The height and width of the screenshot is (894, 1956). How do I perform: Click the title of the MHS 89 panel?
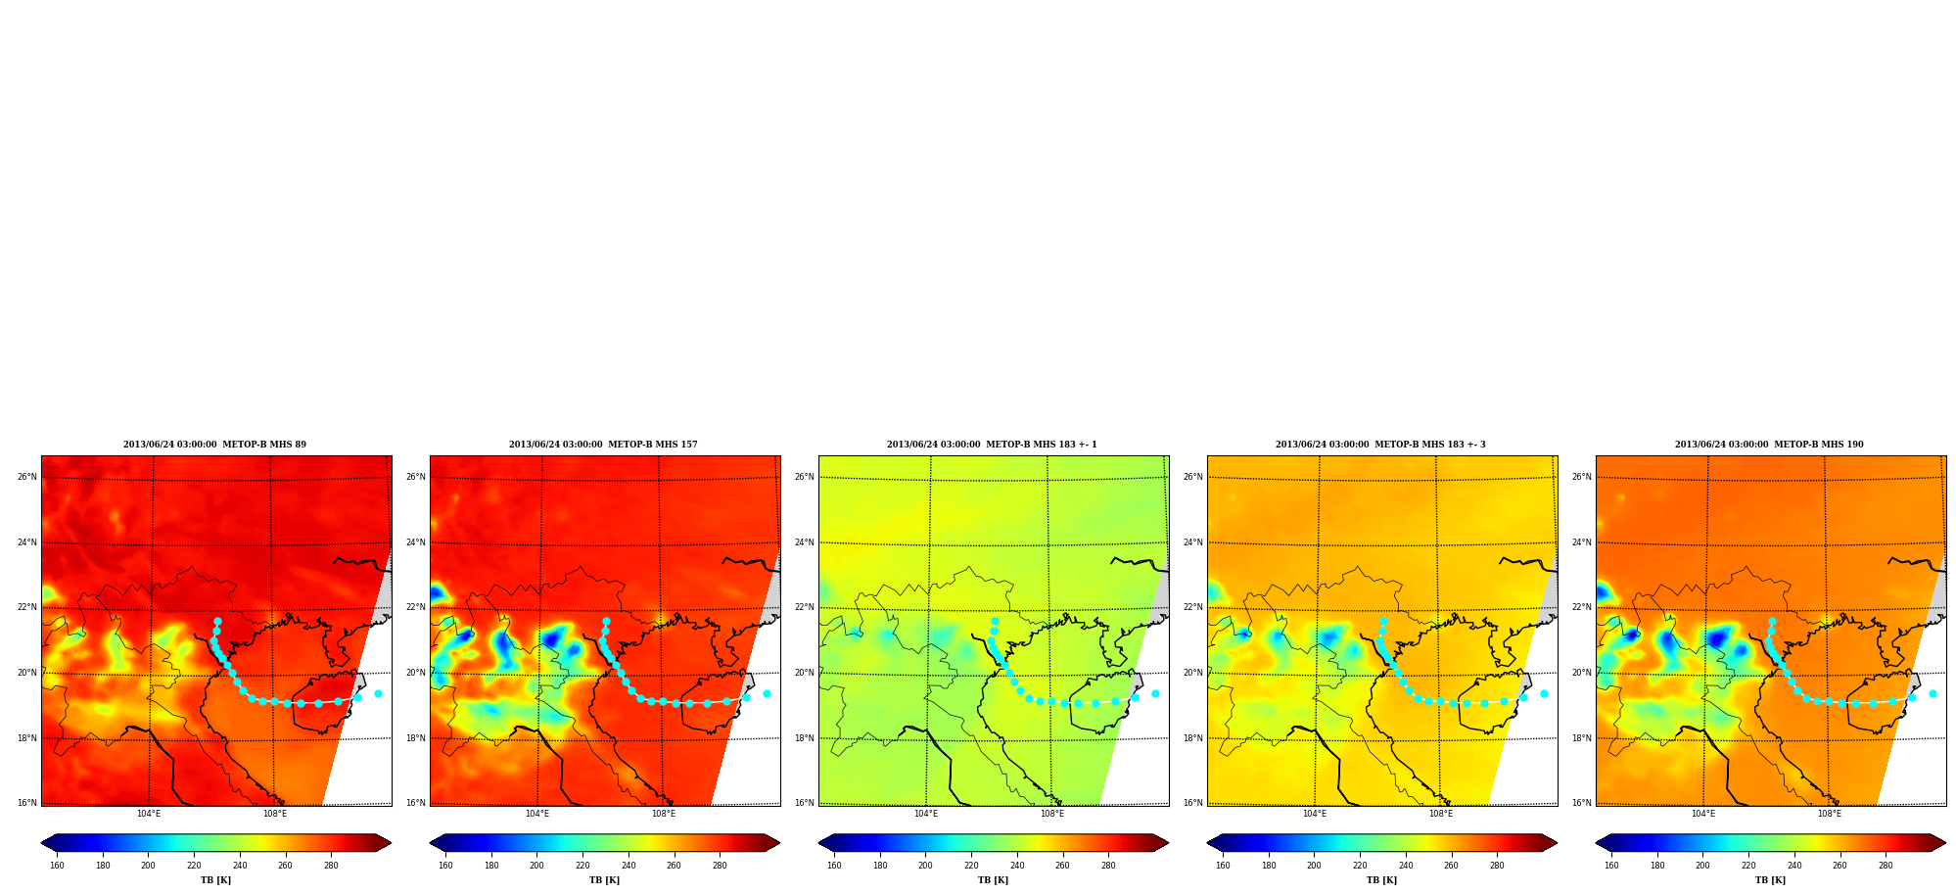(214, 445)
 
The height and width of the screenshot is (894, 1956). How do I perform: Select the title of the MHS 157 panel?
(603, 445)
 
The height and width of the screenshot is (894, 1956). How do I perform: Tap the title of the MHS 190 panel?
(1769, 445)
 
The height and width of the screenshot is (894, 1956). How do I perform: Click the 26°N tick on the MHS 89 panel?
(27, 478)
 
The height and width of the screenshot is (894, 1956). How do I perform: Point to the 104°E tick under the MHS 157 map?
(537, 814)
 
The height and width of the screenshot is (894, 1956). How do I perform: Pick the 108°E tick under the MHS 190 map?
(1830, 814)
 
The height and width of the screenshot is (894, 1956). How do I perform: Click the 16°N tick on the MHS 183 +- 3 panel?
(1193, 803)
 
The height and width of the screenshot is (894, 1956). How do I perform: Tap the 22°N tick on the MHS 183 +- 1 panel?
(805, 607)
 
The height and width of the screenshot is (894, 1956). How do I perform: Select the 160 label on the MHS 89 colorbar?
(57, 866)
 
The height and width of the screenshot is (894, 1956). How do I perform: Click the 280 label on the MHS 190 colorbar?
(1886, 866)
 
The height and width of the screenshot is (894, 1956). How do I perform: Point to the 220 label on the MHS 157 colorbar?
(582, 866)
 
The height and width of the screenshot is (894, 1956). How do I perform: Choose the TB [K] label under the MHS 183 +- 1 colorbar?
(993, 880)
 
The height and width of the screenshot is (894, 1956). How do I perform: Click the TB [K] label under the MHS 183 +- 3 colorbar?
(1381, 880)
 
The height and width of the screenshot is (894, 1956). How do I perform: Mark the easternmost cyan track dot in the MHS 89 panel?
(378, 693)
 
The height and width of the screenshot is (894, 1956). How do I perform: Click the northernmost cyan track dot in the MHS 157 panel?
(606, 621)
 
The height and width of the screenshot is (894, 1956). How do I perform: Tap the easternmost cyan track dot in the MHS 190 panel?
(1933, 693)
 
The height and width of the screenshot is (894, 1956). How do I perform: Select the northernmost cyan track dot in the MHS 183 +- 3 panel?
(1383, 621)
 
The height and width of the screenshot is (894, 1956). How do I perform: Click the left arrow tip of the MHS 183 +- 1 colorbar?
(818, 843)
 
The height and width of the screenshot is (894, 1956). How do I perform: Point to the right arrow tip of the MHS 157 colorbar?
(780, 843)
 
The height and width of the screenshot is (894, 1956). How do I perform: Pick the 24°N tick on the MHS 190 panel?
(1582, 542)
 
